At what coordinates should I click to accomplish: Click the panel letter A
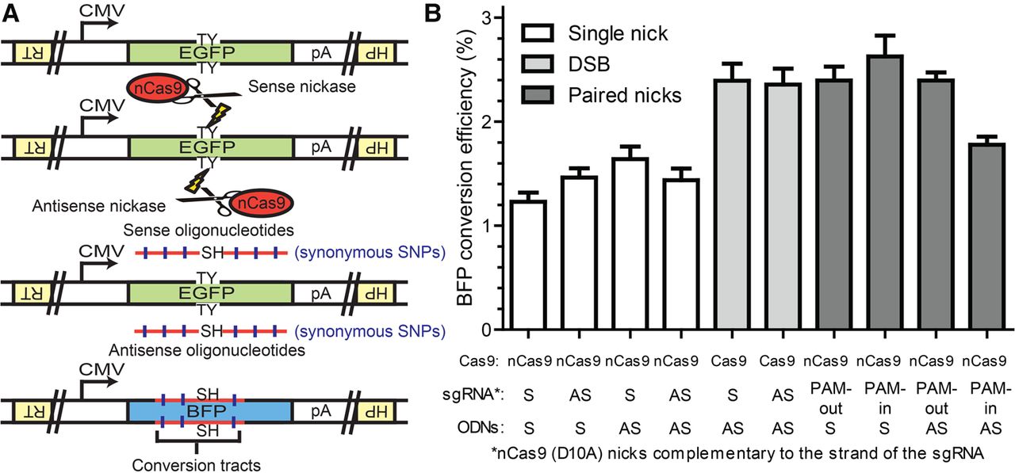(12, 13)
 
